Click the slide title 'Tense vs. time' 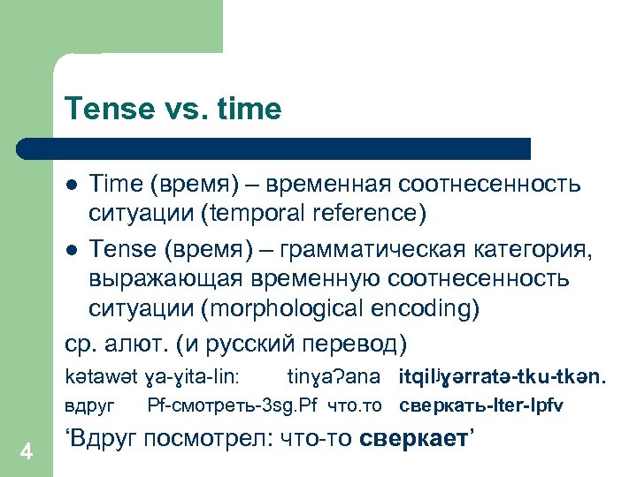[173, 110]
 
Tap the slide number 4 [27, 452]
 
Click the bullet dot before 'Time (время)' [72, 185]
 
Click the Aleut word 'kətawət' [96, 377]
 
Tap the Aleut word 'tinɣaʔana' [334, 377]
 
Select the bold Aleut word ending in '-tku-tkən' [502, 377]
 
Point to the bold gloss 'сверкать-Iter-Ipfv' [482, 405]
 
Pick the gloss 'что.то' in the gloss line [353, 405]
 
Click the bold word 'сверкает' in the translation [415, 439]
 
